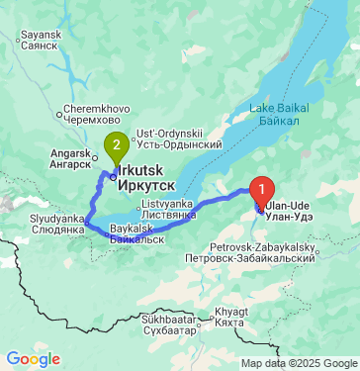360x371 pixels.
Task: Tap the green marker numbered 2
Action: [118, 145]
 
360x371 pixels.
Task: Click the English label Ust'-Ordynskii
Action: [169, 134]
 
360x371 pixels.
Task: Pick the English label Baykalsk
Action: [132, 229]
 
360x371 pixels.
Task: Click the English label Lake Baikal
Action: [280, 107]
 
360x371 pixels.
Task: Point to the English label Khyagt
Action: [230, 310]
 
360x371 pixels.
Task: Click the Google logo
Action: [33, 358]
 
